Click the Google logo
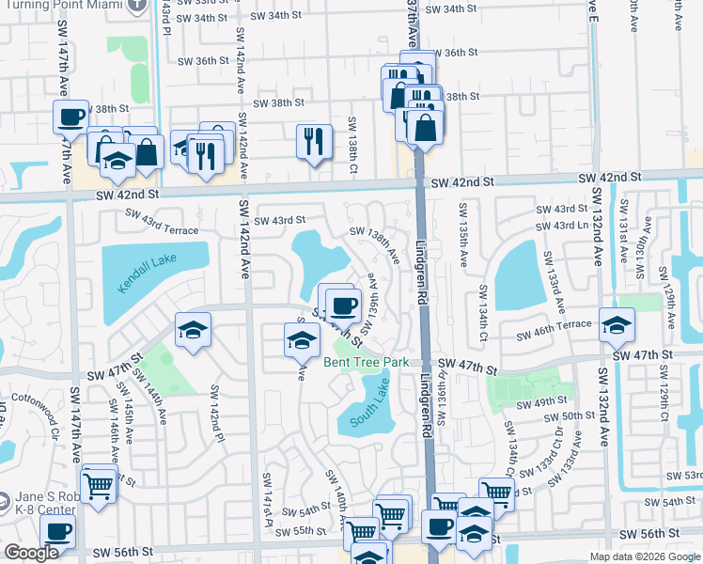pos(31,553)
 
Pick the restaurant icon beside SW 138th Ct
pos(314,141)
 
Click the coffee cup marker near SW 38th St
pos(70,117)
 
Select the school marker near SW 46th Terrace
pos(617,325)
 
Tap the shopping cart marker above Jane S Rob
pos(98,485)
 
